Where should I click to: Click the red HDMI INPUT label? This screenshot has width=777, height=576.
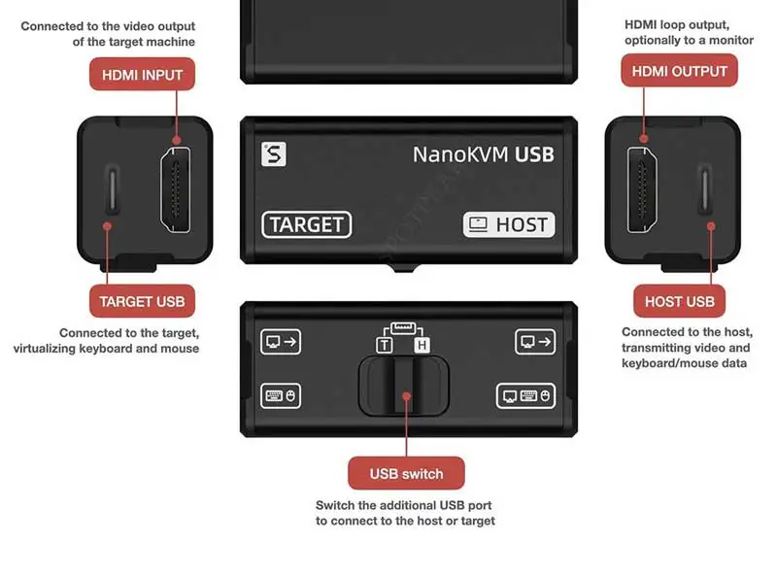[142, 75]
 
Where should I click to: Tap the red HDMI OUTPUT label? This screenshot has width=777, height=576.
[679, 71]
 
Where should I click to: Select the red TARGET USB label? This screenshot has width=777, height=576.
[142, 301]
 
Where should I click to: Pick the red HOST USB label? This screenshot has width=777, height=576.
[679, 301]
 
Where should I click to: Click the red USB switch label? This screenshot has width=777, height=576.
[406, 473]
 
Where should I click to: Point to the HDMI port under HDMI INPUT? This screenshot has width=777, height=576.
[176, 189]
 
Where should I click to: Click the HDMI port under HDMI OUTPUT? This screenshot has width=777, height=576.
[642, 189]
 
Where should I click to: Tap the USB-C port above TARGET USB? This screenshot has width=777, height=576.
[113, 189]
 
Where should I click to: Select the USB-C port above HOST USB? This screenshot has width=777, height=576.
[705, 189]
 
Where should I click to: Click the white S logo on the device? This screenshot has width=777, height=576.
[274, 154]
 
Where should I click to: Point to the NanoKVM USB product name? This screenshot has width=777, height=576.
[483, 154]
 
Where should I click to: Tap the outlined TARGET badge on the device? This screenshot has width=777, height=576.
[307, 224]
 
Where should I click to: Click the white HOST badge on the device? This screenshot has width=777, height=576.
[509, 224]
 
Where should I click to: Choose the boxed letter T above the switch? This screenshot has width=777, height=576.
[385, 345]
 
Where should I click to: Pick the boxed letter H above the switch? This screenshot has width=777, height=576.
[422, 345]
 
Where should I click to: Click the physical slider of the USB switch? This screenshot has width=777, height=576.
[404, 386]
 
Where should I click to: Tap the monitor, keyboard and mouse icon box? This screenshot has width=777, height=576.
[525, 396]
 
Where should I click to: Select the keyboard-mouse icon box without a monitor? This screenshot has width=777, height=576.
[281, 396]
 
